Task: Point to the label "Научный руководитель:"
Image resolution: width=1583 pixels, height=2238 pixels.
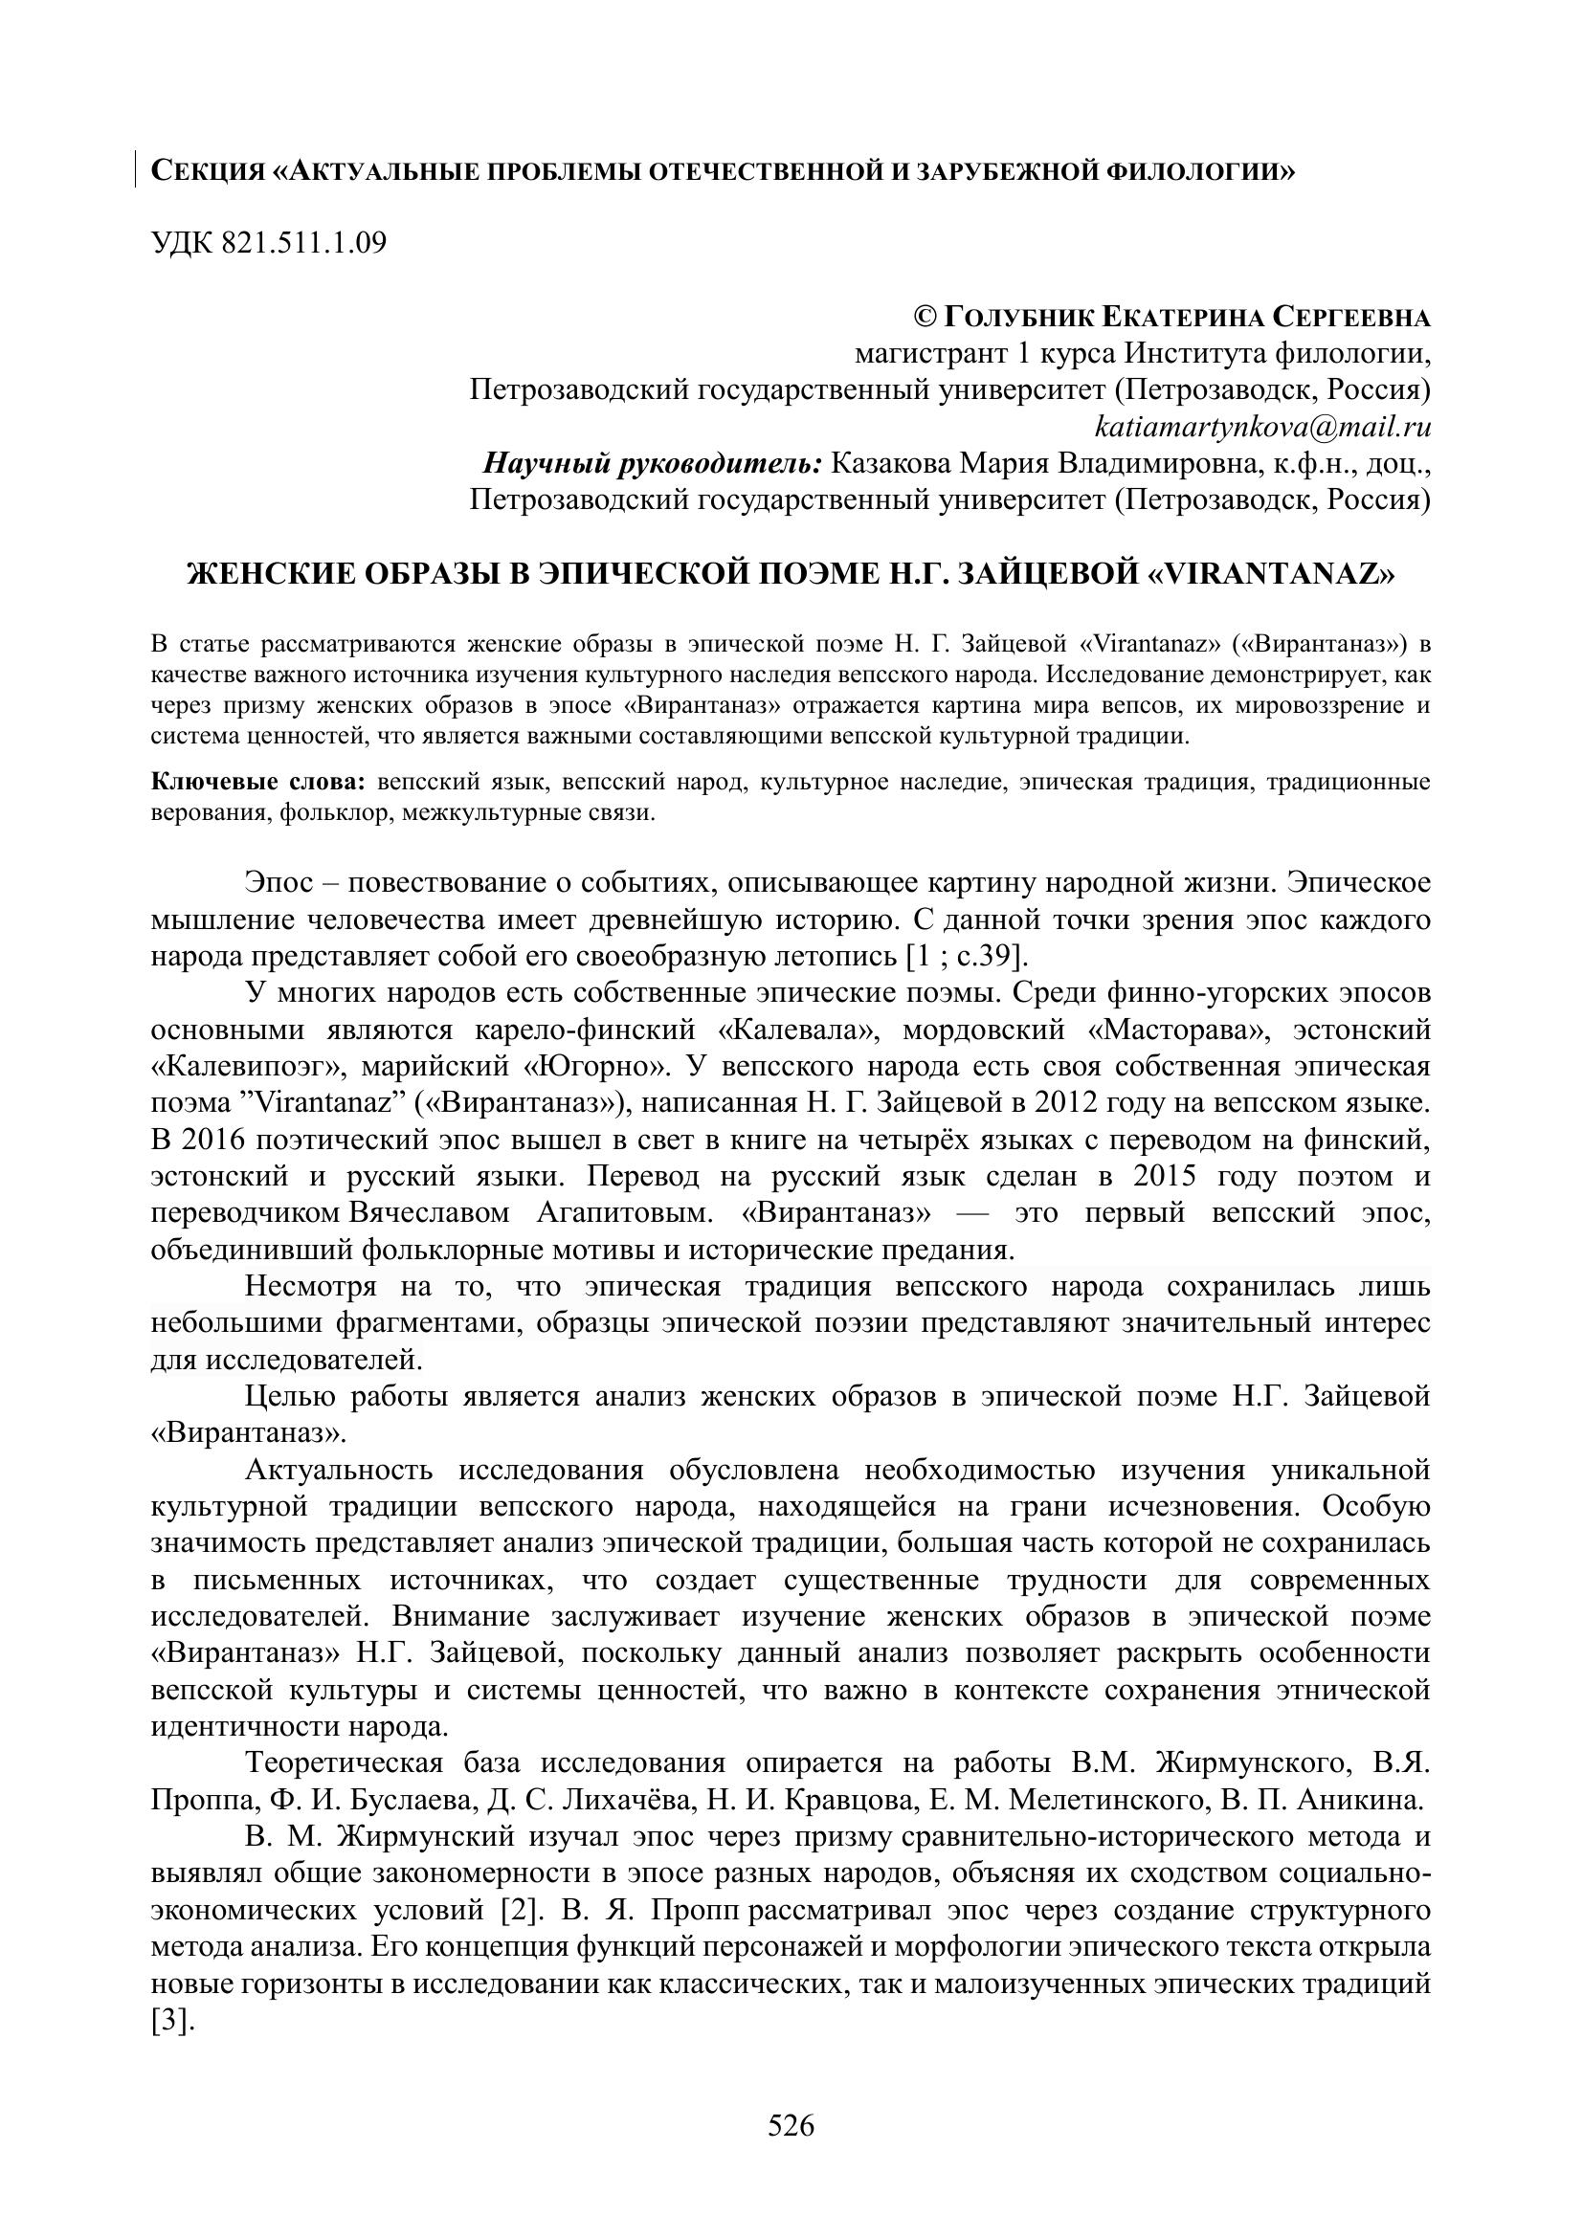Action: click(653, 463)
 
